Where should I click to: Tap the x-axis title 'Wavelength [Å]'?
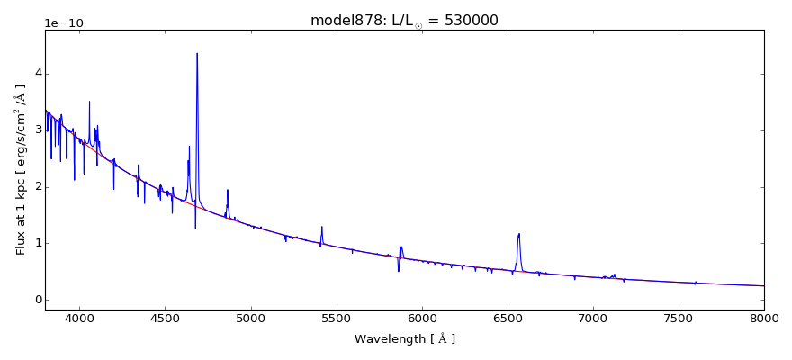pos(404,339)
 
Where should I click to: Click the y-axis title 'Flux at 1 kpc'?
pos(21,169)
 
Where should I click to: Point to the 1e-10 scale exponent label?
pos(64,22)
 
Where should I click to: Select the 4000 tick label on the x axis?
pos(79,319)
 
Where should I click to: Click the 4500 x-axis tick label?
pos(165,319)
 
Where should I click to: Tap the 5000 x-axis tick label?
pos(250,319)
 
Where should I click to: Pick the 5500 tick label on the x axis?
pos(336,319)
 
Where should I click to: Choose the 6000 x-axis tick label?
pos(422,319)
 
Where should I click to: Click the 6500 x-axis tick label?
pos(508,319)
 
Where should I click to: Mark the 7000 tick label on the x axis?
pos(593,319)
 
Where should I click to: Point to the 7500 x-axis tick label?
pos(679,319)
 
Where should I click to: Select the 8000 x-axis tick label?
pos(764,319)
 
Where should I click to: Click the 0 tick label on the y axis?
pos(38,300)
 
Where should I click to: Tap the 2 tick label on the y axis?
pos(38,187)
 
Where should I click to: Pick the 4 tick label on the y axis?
pos(38,74)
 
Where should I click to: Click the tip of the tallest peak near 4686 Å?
pos(197,53)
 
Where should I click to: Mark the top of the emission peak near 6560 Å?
pos(519,234)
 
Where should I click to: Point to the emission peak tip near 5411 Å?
pos(321,227)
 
